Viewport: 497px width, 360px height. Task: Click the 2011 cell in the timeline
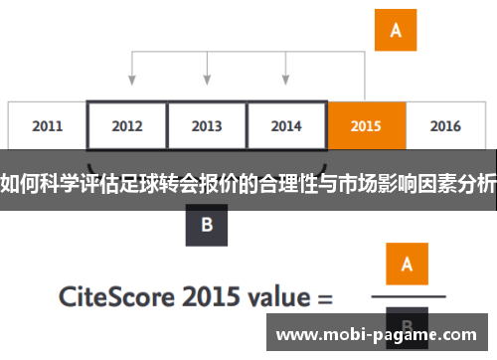point(47,126)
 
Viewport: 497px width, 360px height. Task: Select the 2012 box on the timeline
point(126,126)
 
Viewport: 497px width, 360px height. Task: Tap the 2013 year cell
point(206,126)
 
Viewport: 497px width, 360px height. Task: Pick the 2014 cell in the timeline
point(286,126)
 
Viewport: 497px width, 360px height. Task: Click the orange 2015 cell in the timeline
point(366,126)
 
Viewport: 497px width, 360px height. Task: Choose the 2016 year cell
point(445,126)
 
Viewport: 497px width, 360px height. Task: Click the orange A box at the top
point(395,31)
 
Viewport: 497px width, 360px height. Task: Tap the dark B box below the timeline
point(207,225)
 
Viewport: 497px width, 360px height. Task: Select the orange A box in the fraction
point(407,264)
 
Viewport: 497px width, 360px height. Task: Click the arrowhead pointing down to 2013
point(207,79)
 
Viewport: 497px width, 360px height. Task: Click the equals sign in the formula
point(324,296)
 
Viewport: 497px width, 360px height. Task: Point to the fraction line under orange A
point(407,295)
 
